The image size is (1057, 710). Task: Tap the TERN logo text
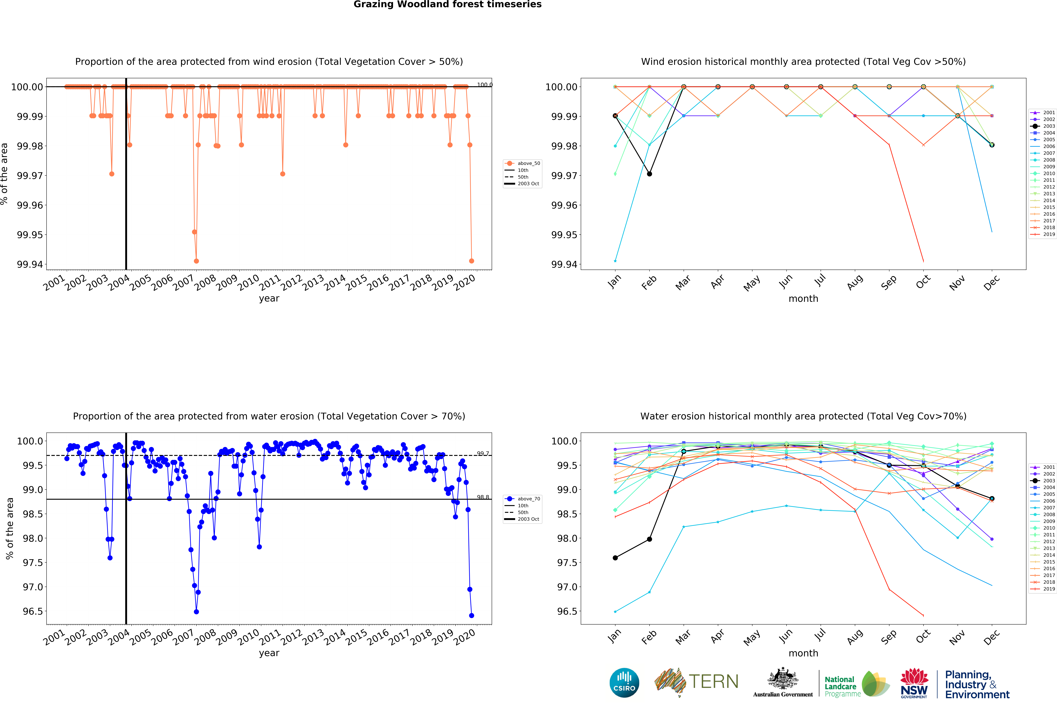[713, 681]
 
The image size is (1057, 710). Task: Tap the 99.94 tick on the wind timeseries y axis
[30, 264]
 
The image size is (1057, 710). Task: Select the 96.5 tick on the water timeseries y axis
[30, 611]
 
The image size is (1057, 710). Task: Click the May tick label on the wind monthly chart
[752, 283]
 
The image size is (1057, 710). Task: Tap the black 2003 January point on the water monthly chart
[615, 558]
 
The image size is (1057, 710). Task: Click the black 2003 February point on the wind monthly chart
[649, 174]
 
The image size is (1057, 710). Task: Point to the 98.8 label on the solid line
[483, 497]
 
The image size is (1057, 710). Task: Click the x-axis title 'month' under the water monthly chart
[803, 653]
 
